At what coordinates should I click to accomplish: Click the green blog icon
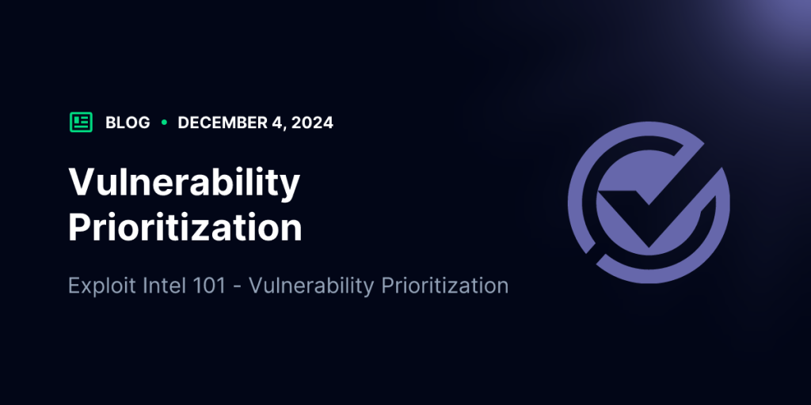(x=82, y=123)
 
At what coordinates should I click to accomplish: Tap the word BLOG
(x=128, y=123)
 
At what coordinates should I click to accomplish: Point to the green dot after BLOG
(x=165, y=123)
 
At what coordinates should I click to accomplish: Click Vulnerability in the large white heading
(x=184, y=184)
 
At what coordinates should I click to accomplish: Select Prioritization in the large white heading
(x=185, y=227)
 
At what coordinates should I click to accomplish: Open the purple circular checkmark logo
(x=649, y=202)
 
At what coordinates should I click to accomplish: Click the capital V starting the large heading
(x=82, y=183)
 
